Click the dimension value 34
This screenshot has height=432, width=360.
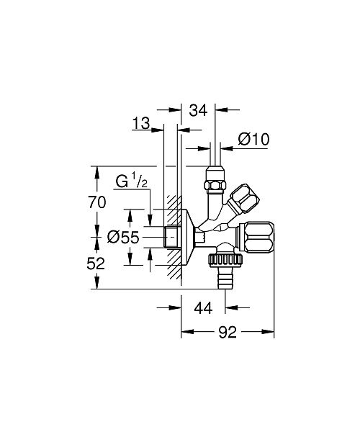click(198, 110)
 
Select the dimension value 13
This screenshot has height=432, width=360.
click(140, 123)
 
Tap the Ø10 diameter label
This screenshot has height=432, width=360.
click(253, 139)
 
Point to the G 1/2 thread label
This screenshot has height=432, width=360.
click(132, 182)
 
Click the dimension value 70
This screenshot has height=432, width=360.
click(96, 202)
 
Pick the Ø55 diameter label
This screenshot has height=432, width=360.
click(123, 237)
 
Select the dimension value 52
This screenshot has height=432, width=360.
click(96, 264)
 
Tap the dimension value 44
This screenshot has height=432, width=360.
click(203, 307)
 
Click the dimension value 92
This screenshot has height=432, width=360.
click(228, 332)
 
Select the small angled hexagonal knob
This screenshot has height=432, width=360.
click(244, 199)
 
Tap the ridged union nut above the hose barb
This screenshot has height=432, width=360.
click(225, 261)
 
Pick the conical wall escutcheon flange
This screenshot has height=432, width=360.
click(188, 237)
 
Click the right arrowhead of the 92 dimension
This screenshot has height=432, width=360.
click(269, 332)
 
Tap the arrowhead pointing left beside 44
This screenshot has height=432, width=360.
click(231, 307)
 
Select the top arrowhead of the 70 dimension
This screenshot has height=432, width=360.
click(96, 172)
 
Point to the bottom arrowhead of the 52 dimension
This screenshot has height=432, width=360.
click(96, 283)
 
